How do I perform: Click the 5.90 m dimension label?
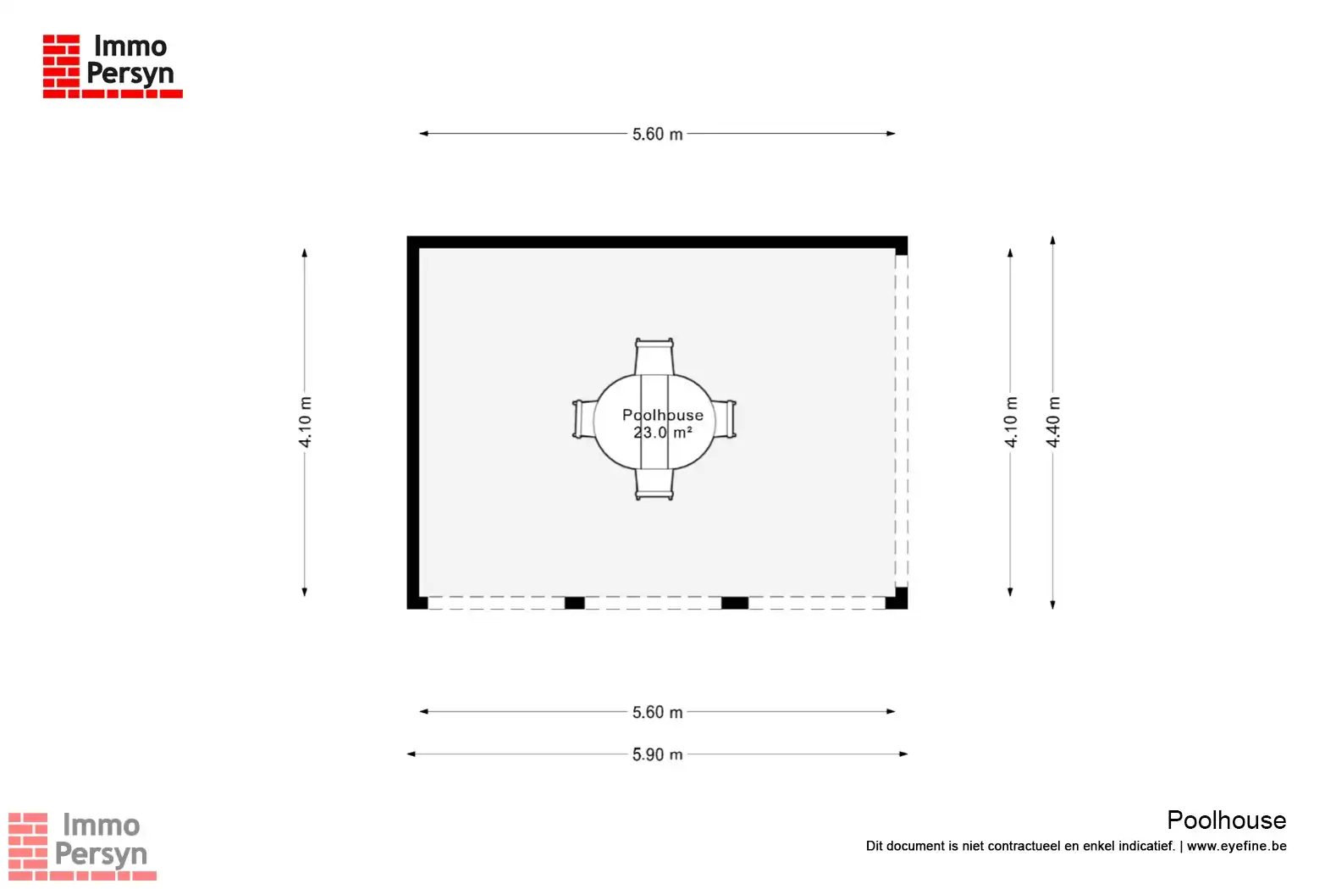point(657,754)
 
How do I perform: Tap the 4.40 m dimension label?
point(1053,422)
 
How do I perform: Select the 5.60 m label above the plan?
point(657,134)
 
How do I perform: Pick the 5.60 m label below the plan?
point(657,712)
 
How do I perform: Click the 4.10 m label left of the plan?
point(305,422)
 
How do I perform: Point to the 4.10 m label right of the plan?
point(1010,422)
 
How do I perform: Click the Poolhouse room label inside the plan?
point(663,415)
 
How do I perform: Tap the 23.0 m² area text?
point(663,432)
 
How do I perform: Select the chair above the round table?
point(654,356)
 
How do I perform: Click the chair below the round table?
point(654,484)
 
